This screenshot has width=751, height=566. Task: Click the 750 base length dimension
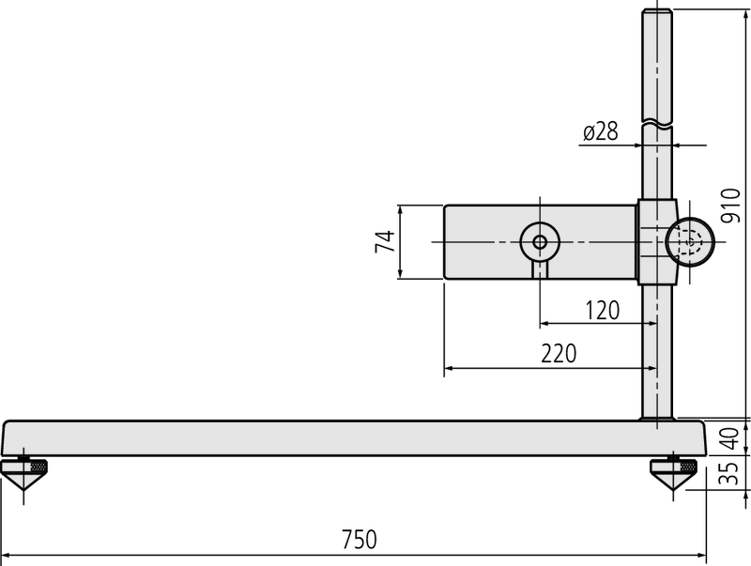tap(359, 540)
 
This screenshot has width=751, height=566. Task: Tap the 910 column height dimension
tap(730, 205)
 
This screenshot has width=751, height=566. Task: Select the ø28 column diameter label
tap(600, 132)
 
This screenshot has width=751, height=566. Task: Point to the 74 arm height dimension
tap(384, 241)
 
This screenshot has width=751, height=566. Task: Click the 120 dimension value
tap(602, 311)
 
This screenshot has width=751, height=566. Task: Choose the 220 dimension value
tap(559, 354)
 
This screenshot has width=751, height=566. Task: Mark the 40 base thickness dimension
tap(729, 437)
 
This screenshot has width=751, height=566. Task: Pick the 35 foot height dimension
tap(729, 474)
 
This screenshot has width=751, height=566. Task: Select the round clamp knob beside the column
tap(690, 242)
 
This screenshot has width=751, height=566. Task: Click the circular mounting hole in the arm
tap(540, 242)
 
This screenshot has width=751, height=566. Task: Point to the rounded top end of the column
tap(657, 14)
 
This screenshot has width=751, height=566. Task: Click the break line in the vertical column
tap(657, 121)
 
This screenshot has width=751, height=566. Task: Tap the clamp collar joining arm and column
tap(656, 242)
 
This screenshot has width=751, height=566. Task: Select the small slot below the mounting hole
tap(540, 270)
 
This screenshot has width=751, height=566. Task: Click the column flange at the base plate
tap(657, 419)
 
